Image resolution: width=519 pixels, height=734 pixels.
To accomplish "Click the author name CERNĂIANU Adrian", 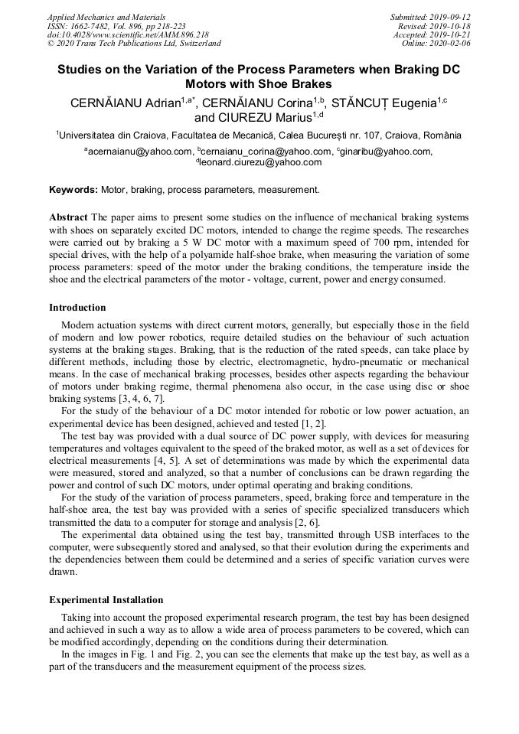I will (125, 103).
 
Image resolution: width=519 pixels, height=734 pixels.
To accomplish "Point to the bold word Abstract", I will (68, 217).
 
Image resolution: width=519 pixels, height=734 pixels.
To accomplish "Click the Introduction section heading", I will (77, 308).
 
